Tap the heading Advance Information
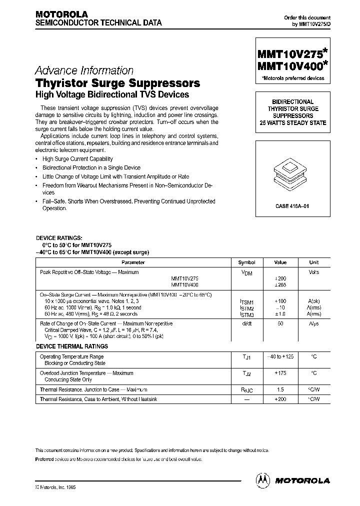coord(84,71)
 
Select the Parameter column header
coord(133,262)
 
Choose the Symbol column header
coord(246,262)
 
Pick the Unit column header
coord(314,262)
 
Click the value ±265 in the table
coord(281,284)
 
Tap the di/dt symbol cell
coord(247,324)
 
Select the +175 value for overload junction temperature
coord(281,373)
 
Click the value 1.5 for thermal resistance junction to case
coord(281,389)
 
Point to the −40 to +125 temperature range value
coord(281,356)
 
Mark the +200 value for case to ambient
coord(281,398)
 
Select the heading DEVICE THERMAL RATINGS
coord(71,346)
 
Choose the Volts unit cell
coord(314,272)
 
